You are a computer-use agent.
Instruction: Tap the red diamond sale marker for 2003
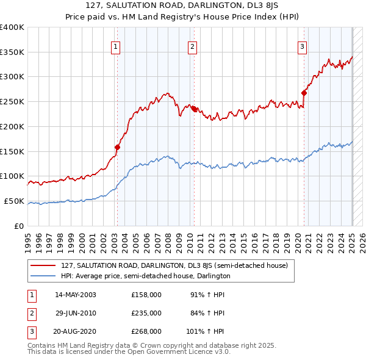click(x=117, y=147)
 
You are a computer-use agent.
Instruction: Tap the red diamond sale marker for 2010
click(x=193, y=109)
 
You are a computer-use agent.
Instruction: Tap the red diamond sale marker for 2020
click(x=303, y=93)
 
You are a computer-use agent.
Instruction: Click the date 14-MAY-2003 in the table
click(x=76, y=294)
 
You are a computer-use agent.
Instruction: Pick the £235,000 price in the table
click(x=146, y=313)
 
